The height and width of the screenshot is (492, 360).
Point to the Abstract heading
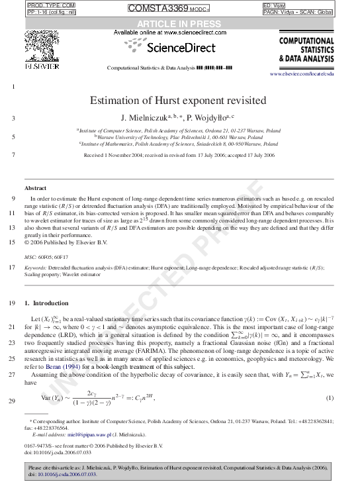[35, 188]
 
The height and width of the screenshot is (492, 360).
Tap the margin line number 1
[13, 87]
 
